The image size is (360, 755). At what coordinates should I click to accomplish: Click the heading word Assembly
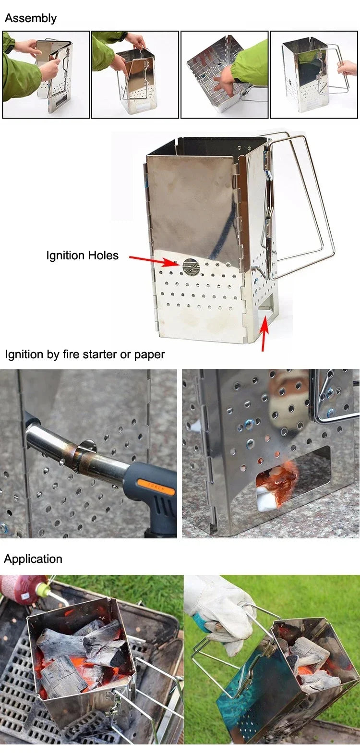pos(31,18)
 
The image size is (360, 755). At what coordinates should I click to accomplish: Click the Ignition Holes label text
pos(82,256)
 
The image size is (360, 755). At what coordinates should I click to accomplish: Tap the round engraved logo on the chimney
pos(191,267)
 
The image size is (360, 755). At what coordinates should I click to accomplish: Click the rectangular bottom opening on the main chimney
pos(266,307)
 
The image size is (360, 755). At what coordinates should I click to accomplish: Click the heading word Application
pos(33,559)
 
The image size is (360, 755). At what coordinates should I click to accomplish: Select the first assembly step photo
pos(46,74)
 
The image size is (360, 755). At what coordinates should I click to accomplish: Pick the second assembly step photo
pos(135,74)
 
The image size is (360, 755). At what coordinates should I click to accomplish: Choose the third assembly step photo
pos(224,74)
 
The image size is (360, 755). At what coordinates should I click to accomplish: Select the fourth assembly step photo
pos(314,74)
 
